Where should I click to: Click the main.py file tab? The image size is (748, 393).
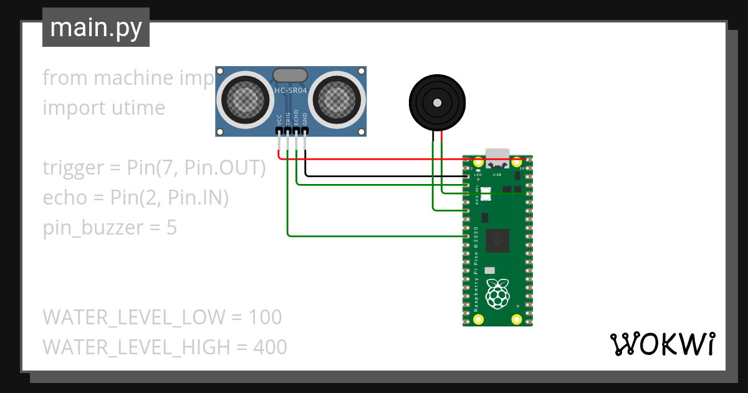click(95, 27)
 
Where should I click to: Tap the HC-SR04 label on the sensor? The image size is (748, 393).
click(291, 91)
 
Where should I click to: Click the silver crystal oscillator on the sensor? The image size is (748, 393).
click(290, 75)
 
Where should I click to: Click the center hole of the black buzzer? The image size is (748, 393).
click(438, 102)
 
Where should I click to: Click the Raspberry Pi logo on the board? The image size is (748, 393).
click(497, 294)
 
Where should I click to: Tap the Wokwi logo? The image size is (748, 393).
click(661, 344)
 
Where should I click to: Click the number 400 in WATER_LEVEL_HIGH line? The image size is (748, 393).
click(270, 347)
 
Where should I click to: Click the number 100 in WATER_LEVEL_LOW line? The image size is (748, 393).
click(265, 317)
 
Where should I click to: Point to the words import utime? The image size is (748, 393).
click(103, 108)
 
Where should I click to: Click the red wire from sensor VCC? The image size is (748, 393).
click(374, 159)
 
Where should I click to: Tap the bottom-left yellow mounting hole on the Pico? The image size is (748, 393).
click(479, 319)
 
